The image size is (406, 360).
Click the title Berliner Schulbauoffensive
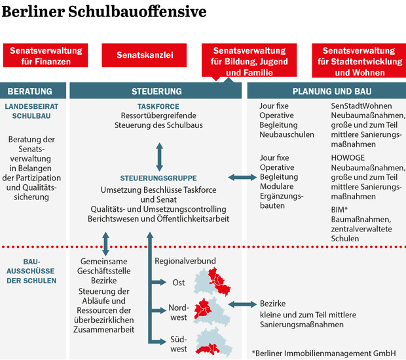tap(105, 12)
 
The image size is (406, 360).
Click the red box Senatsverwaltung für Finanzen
tap(45, 56)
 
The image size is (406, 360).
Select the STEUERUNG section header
tap(156, 91)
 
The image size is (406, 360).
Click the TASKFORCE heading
tap(158, 106)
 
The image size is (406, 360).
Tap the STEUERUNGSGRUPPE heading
tap(158, 178)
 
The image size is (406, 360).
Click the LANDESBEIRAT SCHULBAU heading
tap(31, 111)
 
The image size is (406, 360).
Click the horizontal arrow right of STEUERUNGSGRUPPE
tap(243, 177)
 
